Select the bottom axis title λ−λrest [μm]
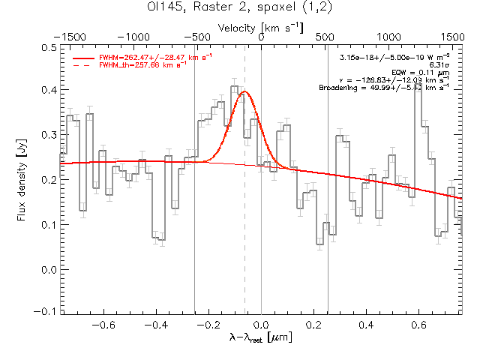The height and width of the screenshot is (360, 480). [x=260, y=338]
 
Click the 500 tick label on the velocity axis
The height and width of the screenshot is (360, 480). [x=388, y=36]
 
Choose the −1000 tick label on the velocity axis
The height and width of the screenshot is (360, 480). [x=133, y=36]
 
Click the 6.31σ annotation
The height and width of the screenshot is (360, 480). [x=439, y=65]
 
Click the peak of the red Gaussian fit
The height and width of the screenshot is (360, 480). [x=244, y=91]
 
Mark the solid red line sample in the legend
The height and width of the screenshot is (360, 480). [x=84, y=57]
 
